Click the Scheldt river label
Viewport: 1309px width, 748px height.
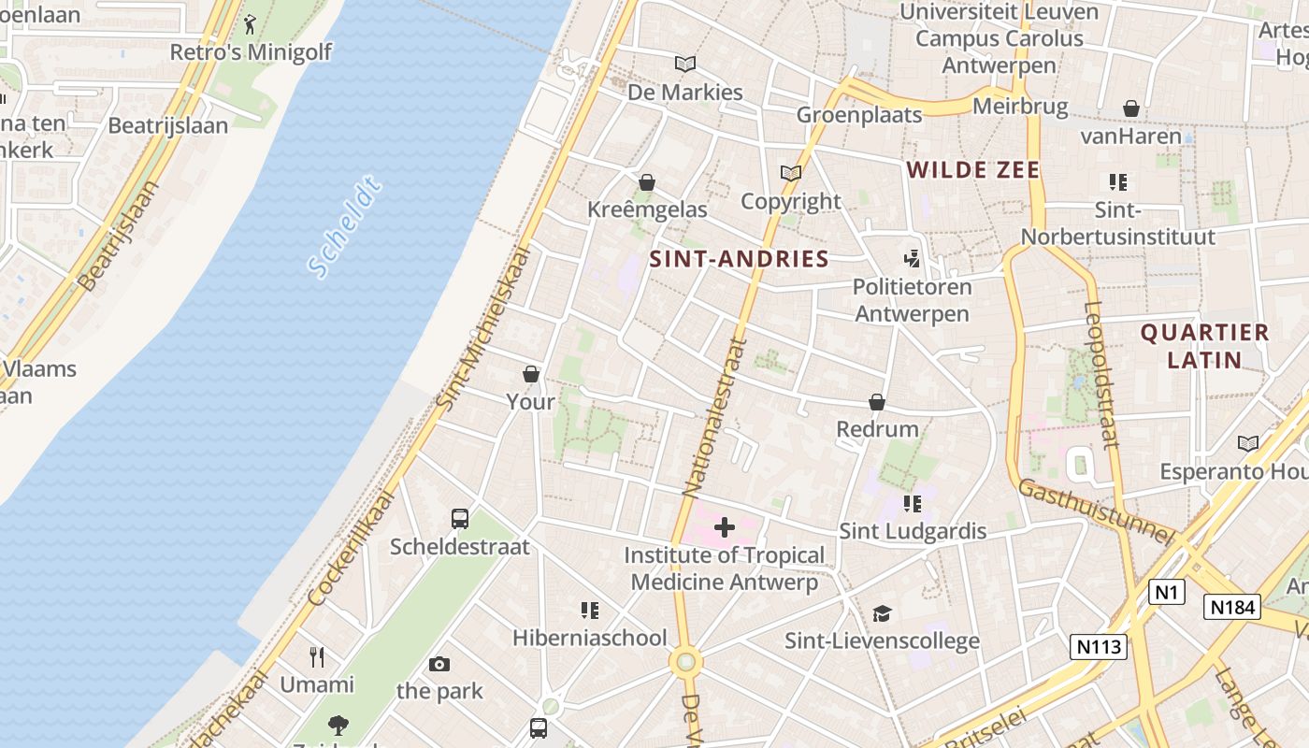point(345,229)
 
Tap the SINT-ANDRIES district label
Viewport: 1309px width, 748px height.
point(739,259)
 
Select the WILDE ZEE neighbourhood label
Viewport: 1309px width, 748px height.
point(973,169)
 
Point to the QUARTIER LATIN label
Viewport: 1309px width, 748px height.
point(1204,346)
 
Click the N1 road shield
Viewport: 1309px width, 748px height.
point(1166,592)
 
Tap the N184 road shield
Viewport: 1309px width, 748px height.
point(1231,607)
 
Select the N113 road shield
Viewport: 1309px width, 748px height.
point(1099,646)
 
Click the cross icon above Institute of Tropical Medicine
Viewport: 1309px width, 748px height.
point(725,527)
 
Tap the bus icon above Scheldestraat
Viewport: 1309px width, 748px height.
point(460,519)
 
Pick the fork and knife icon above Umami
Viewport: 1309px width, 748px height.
point(318,657)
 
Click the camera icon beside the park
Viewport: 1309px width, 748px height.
point(439,665)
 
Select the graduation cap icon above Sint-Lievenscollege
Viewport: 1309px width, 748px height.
point(882,613)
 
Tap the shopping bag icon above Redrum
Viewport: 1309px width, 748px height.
point(877,402)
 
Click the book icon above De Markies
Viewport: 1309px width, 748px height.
point(685,65)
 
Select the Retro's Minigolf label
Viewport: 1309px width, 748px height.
point(251,51)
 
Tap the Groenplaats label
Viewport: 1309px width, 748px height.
point(859,115)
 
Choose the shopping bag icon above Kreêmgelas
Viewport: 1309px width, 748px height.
point(647,182)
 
